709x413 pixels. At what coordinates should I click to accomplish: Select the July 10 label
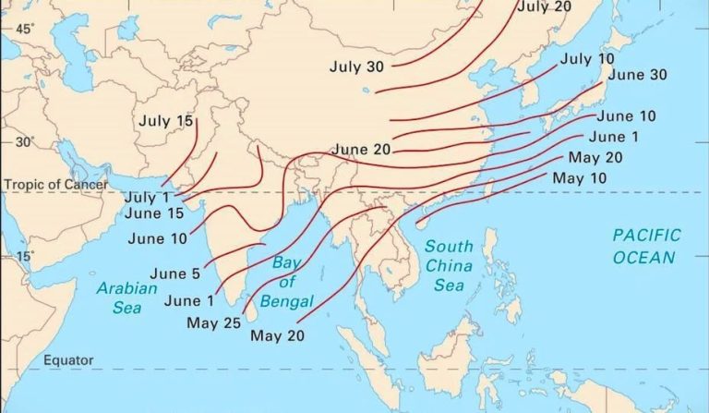(x=587, y=59)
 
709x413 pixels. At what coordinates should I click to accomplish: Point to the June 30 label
(x=638, y=75)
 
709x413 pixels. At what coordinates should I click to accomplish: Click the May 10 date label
(x=580, y=177)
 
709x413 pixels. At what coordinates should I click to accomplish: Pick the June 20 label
(x=362, y=149)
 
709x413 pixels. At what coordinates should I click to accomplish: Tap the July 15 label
(x=167, y=120)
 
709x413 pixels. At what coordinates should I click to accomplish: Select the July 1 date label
(x=147, y=197)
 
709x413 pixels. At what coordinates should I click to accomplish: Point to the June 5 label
(x=174, y=273)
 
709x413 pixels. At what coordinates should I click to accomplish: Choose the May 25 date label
(x=213, y=322)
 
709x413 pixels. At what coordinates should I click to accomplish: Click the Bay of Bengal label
(x=289, y=281)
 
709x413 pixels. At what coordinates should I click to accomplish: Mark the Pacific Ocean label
(x=646, y=246)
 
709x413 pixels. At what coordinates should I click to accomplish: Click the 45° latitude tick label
(x=23, y=30)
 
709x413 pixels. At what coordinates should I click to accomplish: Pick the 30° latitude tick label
(x=23, y=142)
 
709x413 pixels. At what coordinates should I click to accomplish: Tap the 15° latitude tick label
(x=23, y=256)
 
